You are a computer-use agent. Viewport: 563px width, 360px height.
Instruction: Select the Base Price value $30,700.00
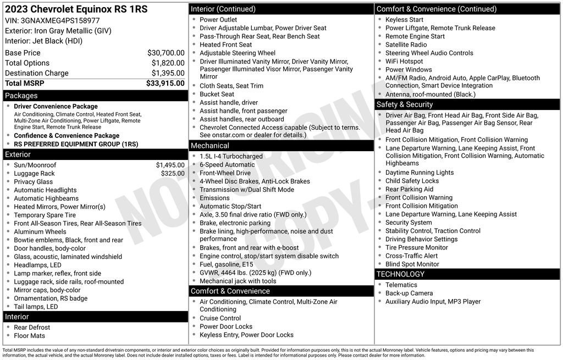click(x=165, y=53)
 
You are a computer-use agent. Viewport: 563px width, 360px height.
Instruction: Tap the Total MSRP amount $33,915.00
click(x=165, y=83)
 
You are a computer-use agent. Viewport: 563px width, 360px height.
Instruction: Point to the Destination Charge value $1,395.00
click(x=168, y=73)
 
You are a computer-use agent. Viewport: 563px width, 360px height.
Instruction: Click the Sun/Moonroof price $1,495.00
click(x=170, y=165)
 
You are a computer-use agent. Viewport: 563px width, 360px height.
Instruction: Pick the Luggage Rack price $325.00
click(x=173, y=173)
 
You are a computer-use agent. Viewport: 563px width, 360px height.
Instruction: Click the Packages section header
click(x=21, y=96)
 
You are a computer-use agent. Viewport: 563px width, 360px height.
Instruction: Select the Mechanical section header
click(x=209, y=146)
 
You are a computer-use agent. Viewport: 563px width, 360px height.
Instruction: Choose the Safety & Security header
click(x=405, y=104)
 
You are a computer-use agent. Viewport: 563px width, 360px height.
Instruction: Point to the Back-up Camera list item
click(x=409, y=293)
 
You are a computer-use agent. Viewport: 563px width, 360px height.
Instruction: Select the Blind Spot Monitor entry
click(x=412, y=264)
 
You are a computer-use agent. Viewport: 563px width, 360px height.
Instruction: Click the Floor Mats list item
click(x=29, y=335)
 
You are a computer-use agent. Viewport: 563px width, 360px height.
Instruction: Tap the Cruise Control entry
click(x=220, y=318)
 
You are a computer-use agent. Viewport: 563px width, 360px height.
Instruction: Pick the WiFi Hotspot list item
click(x=404, y=61)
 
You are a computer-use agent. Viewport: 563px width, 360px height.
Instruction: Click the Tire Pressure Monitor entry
click(x=416, y=247)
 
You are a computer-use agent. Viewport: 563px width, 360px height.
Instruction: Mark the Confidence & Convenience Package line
click(x=67, y=135)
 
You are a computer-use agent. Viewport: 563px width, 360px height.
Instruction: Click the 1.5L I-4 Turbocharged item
click(x=231, y=156)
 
